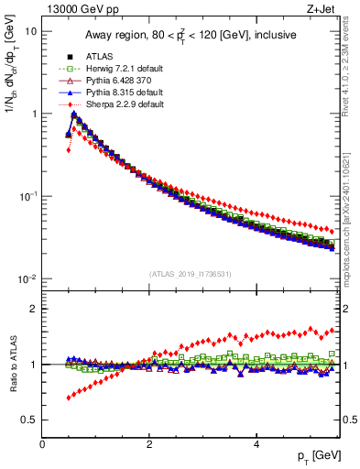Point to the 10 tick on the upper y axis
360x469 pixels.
click(30, 31)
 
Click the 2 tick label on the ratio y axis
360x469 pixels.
click(33, 309)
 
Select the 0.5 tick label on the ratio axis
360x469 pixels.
click(29, 420)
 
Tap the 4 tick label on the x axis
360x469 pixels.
click(256, 444)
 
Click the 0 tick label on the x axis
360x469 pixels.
click(42, 444)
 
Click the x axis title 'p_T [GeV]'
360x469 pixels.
click(315, 455)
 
